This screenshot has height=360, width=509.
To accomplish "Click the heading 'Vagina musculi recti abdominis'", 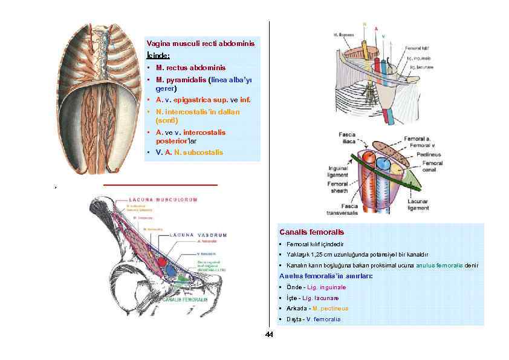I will point(201,44).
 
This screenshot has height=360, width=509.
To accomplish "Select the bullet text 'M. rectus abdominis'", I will point(190,68).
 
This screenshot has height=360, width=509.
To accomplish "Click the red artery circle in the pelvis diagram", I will point(163,262).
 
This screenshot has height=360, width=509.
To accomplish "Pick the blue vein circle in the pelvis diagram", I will point(171,269).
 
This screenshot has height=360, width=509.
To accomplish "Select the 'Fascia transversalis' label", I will point(342,209).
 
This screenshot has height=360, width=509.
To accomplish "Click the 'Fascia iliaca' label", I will point(346,137).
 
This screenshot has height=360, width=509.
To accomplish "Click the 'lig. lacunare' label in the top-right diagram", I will point(421,67).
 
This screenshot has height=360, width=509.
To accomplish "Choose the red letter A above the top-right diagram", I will point(377,28).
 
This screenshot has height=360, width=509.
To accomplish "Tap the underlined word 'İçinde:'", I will point(157,56).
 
